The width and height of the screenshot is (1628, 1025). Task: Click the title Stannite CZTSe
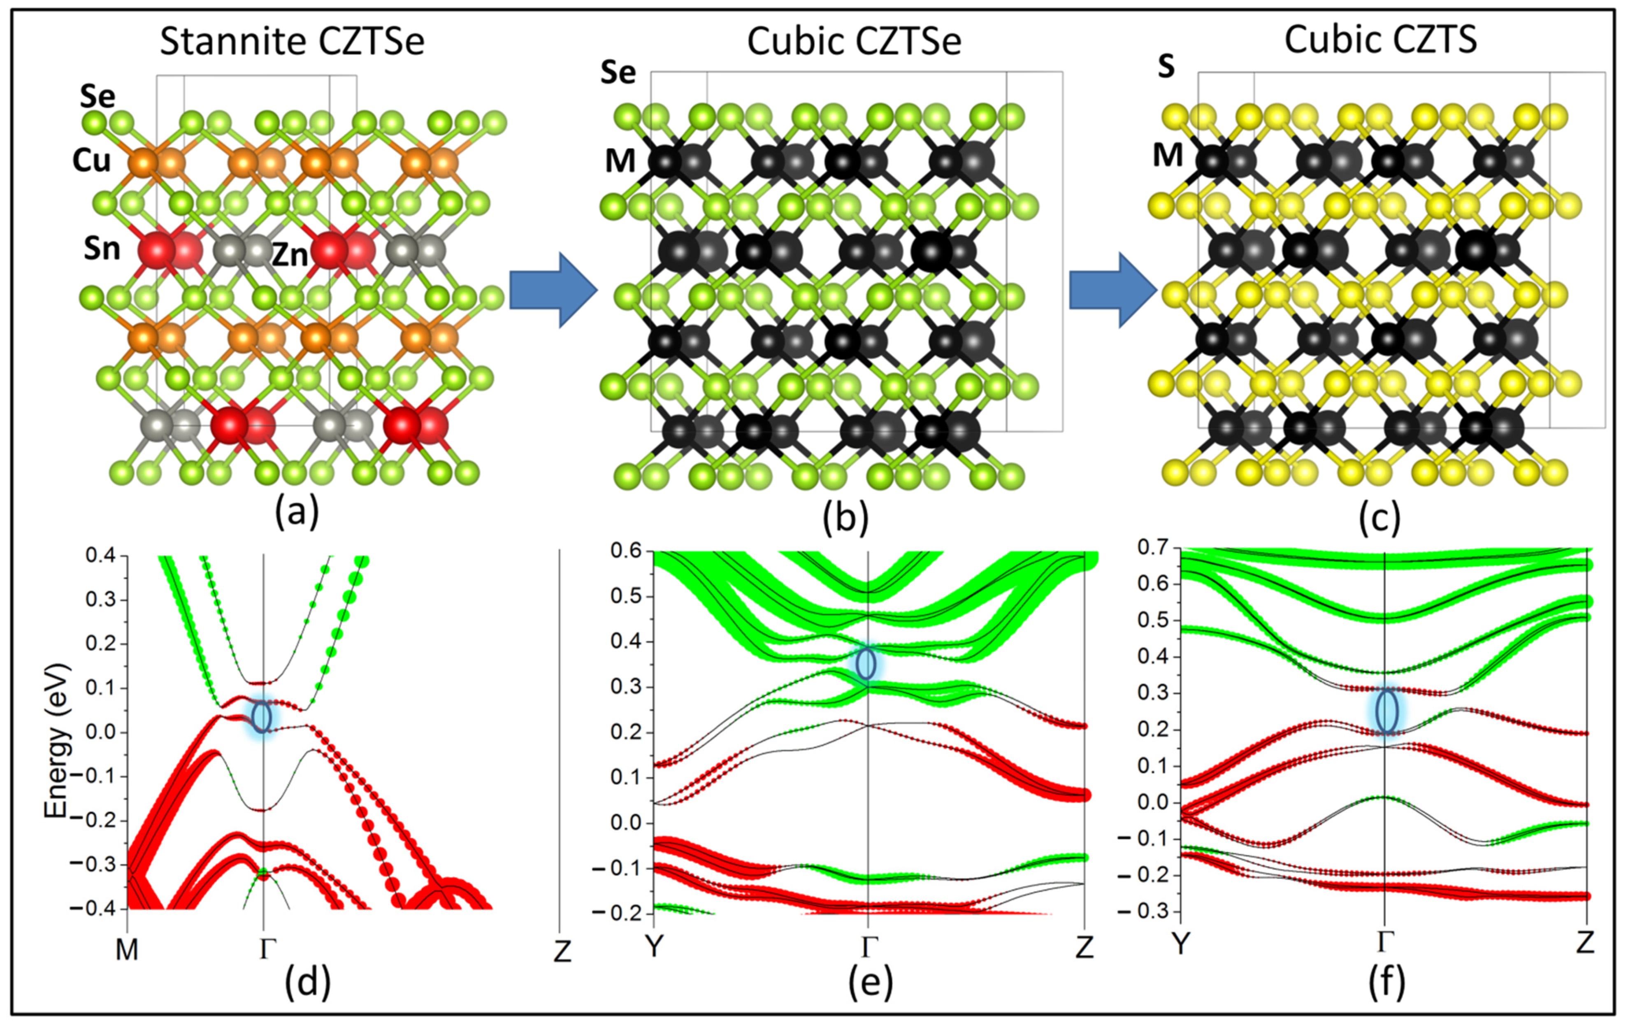pyautogui.click(x=292, y=42)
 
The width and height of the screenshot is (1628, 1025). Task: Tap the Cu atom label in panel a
pyautogui.click(x=92, y=161)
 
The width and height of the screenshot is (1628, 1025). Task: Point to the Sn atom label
pyautogui.click(x=102, y=249)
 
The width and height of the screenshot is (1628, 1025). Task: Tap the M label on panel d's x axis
pyautogui.click(x=127, y=950)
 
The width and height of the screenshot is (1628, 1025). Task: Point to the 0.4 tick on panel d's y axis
pyautogui.click(x=101, y=556)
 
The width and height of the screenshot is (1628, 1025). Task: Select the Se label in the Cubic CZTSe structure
pyautogui.click(x=618, y=72)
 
